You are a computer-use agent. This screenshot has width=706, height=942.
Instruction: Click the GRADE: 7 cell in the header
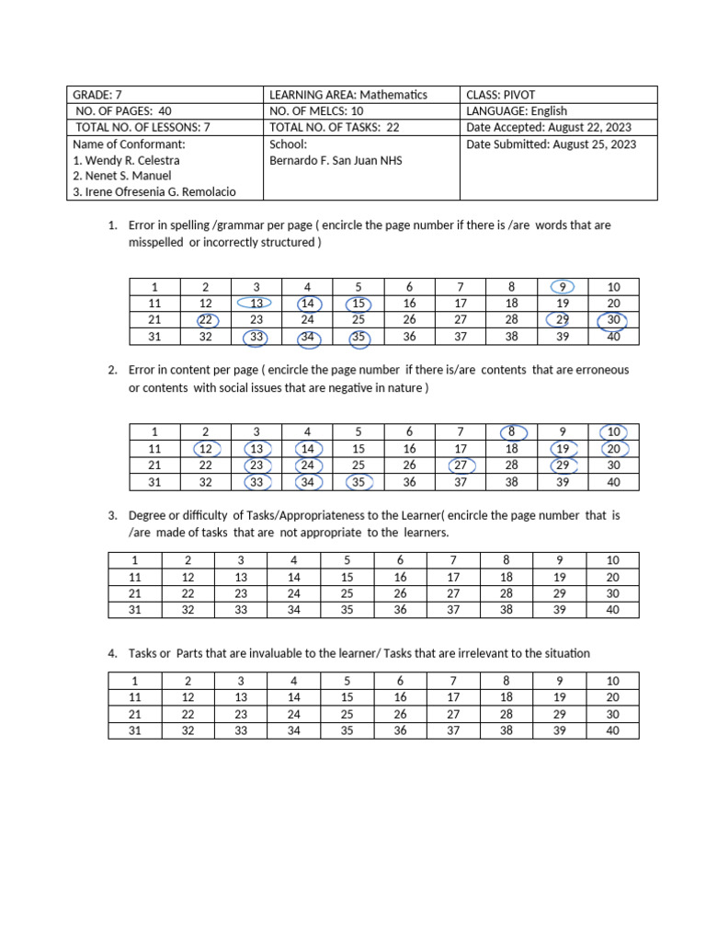[98, 95]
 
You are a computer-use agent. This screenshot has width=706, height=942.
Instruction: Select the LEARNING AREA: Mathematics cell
[348, 95]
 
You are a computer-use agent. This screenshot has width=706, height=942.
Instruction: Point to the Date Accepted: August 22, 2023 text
[550, 128]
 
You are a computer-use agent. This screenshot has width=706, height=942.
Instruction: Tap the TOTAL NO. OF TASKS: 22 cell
[334, 128]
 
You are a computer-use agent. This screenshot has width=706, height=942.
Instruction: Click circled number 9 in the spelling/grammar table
[563, 287]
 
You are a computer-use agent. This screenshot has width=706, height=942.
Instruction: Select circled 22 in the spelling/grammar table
[206, 320]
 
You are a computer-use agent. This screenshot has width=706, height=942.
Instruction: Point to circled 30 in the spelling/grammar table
[613, 320]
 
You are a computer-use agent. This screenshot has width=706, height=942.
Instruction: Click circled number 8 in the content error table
[512, 431]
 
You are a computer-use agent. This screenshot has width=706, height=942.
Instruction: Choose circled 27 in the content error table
[461, 465]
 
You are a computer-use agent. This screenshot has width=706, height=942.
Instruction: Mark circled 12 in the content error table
[206, 449]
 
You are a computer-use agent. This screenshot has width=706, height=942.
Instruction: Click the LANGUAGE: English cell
[517, 111]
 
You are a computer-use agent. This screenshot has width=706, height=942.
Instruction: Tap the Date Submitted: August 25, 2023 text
[551, 144]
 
